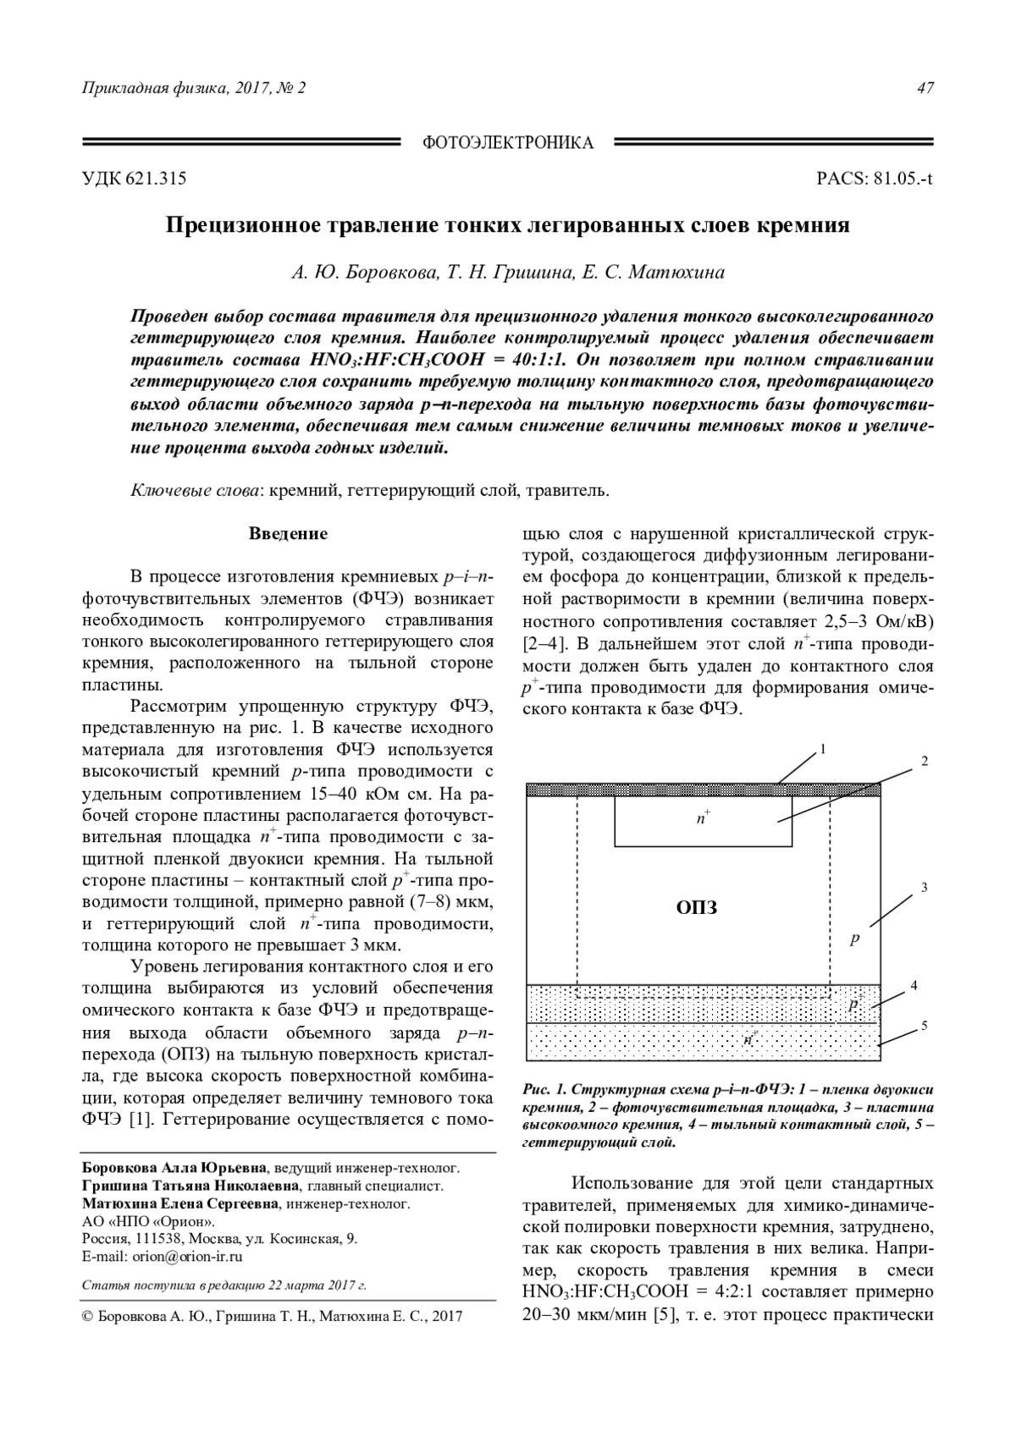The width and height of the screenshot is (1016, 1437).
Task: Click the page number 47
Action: click(925, 88)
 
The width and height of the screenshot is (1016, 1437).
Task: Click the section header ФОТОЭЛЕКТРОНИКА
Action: click(507, 143)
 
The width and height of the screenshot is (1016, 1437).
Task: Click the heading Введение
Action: click(288, 534)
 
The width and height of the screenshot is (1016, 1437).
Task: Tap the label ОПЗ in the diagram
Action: click(698, 908)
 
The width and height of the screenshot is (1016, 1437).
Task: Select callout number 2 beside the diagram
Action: click(925, 761)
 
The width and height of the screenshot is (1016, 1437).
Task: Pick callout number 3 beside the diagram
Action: click(925, 888)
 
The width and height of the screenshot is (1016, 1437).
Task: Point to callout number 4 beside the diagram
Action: click(914, 986)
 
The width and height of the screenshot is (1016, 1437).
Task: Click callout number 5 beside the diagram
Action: click(925, 1026)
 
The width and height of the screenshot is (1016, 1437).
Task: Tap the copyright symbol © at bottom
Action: click(87, 1317)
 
